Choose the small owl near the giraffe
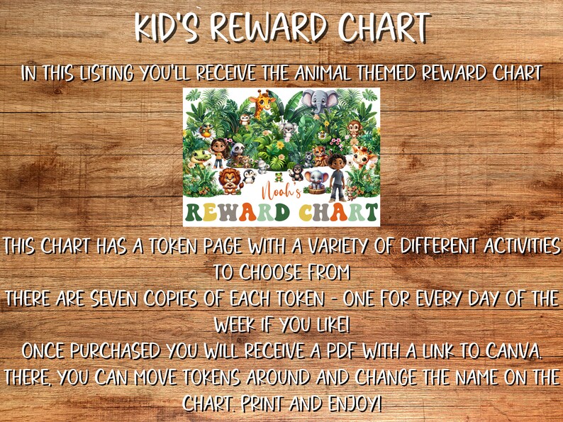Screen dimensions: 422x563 click(x=245, y=118)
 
